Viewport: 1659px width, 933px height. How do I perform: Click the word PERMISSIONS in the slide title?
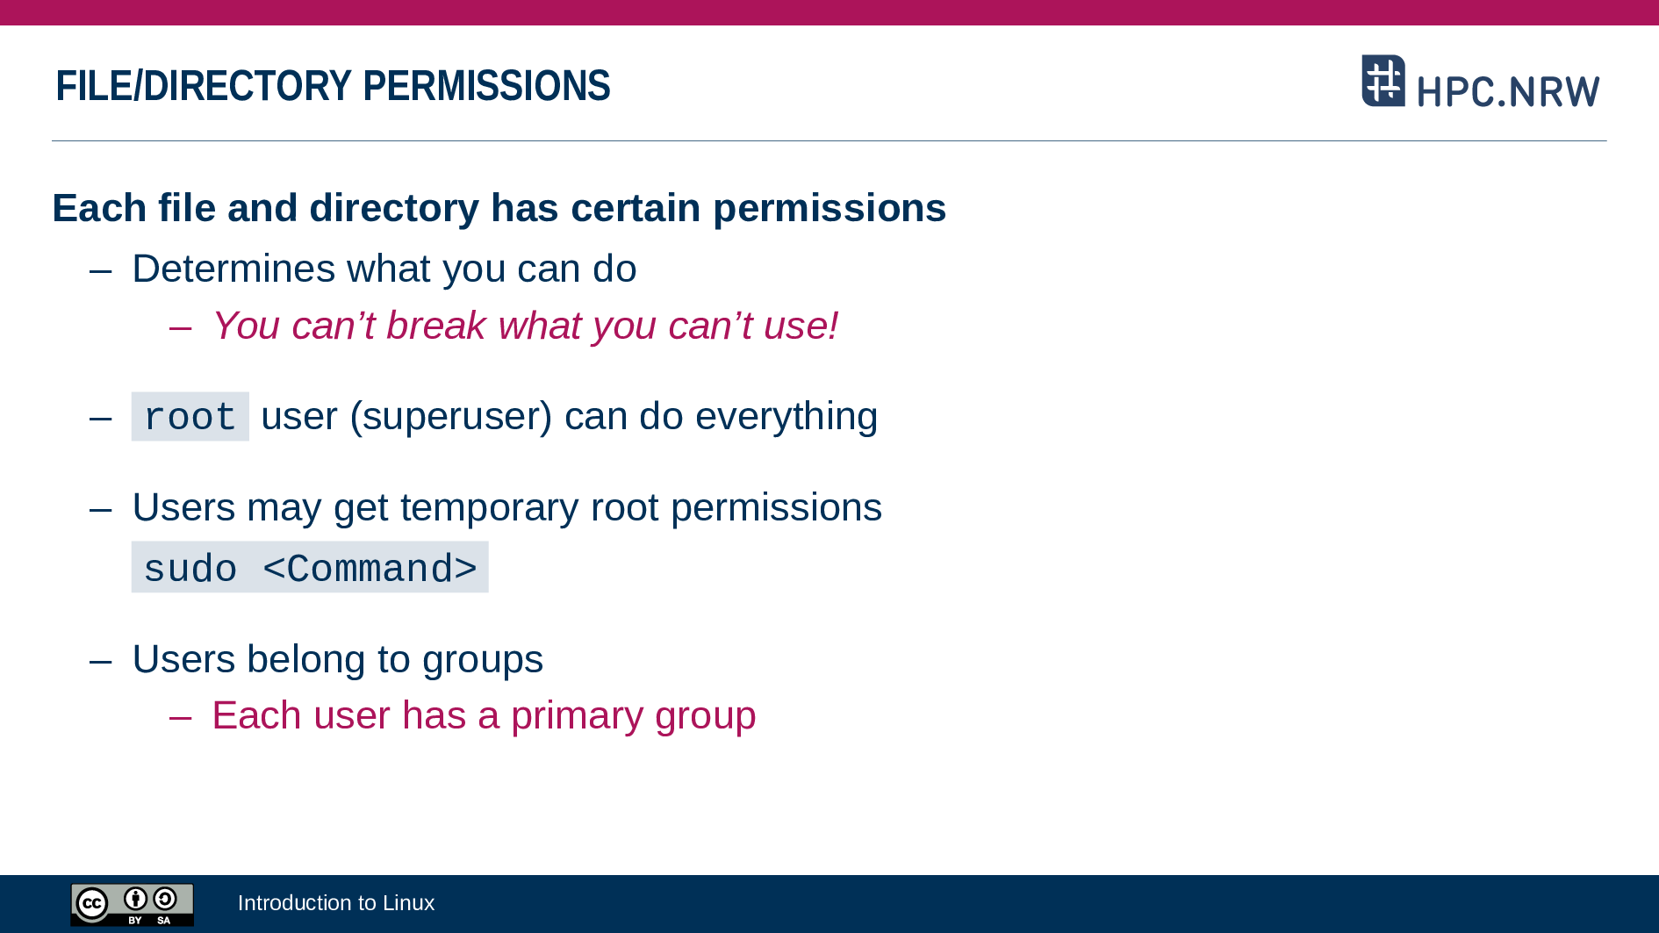point(486,86)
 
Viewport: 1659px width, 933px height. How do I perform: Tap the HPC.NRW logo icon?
point(1383,81)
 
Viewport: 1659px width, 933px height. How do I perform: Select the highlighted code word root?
point(190,417)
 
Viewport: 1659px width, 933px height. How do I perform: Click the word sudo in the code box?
point(190,569)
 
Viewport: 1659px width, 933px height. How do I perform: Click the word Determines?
point(233,269)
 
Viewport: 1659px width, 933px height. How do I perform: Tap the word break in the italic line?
point(436,326)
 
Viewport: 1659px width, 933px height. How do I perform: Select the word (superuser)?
point(451,417)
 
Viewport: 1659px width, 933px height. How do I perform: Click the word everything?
point(786,417)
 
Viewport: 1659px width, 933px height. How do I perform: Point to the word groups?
point(483,660)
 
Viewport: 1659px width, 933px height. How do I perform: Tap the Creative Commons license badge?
point(133,904)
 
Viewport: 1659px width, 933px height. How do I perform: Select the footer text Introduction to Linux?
point(336,903)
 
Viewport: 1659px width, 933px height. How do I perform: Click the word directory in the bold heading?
point(394,209)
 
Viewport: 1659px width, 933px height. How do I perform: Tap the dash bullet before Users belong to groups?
point(101,660)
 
